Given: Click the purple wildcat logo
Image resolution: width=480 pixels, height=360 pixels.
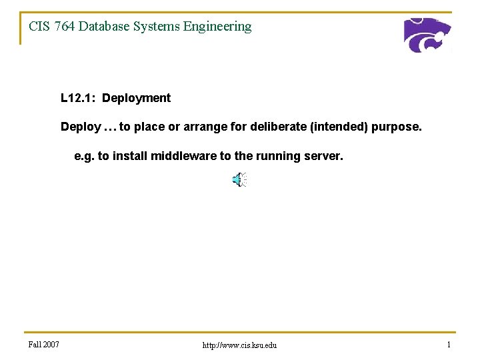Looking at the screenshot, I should click(427, 35).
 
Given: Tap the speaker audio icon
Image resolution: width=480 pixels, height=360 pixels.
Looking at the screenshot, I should click(239, 179).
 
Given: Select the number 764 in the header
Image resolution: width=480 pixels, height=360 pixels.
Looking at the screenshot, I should click(65, 27).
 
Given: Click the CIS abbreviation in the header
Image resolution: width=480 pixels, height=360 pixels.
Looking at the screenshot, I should click(39, 27).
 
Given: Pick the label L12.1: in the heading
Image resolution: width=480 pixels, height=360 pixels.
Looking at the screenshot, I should click(78, 98).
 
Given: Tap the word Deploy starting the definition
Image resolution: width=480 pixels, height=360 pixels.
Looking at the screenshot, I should click(81, 127).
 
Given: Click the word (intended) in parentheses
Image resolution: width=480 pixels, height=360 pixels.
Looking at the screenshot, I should click(339, 127).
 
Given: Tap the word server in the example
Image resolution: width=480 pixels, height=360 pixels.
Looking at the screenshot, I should click(325, 157).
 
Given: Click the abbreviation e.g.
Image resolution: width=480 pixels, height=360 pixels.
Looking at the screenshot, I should click(84, 157).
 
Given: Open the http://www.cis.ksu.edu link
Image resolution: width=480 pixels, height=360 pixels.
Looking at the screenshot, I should click(239, 345).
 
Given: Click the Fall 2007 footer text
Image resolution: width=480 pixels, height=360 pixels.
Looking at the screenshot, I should click(44, 344).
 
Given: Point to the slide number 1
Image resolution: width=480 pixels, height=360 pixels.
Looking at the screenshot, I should click(449, 344).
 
